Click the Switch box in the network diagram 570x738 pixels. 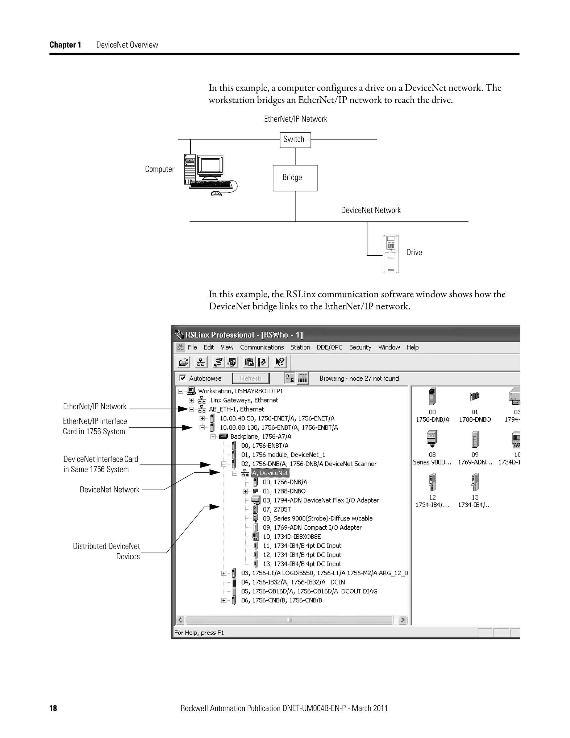coord(295,140)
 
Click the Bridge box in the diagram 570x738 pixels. coord(295,178)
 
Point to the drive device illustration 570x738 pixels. coord(390,253)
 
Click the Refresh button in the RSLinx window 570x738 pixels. coord(250,378)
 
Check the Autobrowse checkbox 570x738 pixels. coord(183,378)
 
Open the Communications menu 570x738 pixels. coord(262,347)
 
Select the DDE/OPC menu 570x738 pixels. coord(329,347)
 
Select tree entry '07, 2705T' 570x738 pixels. coord(277,509)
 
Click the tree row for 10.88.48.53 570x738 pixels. coord(277,418)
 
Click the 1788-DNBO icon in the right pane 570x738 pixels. coord(475,396)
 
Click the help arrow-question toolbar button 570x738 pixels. coord(280,362)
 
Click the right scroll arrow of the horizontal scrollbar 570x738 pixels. coord(402,620)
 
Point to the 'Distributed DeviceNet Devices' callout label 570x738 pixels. coord(106,551)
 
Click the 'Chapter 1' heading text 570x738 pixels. coord(65,45)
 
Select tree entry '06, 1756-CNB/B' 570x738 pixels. coord(281,600)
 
